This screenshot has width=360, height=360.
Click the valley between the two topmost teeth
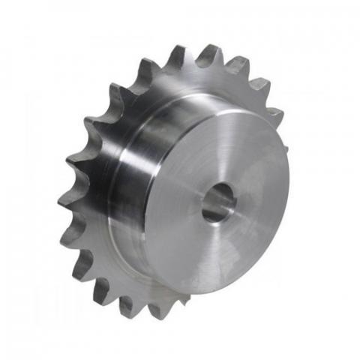194,63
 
